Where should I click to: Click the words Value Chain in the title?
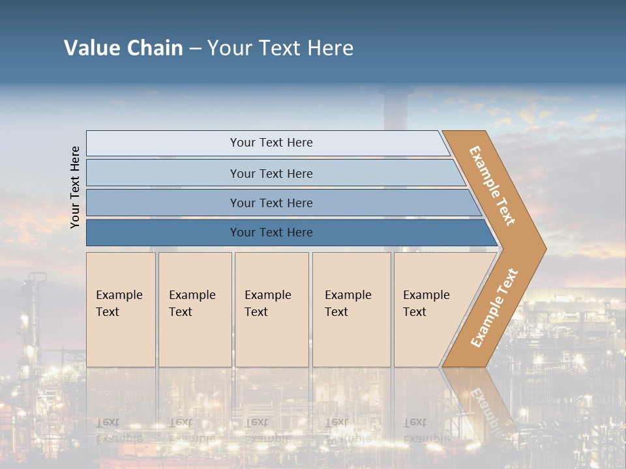[x=123, y=48]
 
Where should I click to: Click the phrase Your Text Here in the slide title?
[x=280, y=48]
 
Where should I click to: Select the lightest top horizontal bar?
[x=163, y=143]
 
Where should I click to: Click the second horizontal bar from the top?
[x=163, y=173]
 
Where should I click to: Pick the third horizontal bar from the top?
[x=163, y=203]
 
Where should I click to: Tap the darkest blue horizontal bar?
[x=163, y=233]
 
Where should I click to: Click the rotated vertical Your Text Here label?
[x=75, y=187]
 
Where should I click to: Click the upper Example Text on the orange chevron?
[x=492, y=186]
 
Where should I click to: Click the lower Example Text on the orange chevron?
[x=494, y=307]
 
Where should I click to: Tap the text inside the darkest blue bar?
[x=271, y=233]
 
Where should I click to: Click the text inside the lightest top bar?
[x=271, y=143]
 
